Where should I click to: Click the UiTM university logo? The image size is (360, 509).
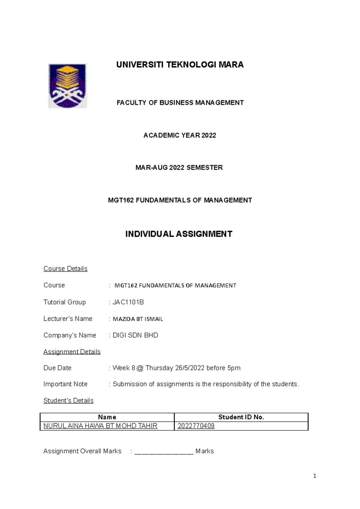(67, 86)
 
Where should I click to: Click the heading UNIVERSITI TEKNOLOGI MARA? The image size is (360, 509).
(180, 65)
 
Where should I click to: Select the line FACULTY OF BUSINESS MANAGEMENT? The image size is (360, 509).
(180, 103)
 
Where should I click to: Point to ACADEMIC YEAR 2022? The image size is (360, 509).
(180, 135)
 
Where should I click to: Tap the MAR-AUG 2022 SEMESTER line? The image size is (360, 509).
(179, 168)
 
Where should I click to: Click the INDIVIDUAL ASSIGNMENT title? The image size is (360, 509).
(179, 234)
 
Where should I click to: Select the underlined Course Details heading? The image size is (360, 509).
(65, 269)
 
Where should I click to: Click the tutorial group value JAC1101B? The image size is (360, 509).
(128, 302)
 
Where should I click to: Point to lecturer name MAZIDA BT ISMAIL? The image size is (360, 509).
(138, 319)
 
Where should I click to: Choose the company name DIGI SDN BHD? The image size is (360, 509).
(135, 335)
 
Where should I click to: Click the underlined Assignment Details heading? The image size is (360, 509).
(72, 352)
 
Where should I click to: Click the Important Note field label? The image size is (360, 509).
(65, 384)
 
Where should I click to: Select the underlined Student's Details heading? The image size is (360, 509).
(68, 400)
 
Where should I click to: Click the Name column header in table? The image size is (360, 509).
(107, 417)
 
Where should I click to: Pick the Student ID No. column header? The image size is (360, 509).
(241, 417)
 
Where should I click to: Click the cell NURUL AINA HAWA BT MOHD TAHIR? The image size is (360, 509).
(100, 426)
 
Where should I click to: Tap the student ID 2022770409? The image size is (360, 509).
(196, 426)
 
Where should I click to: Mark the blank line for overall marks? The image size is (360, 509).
(164, 452)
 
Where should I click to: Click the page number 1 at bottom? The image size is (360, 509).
(314, 476)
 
